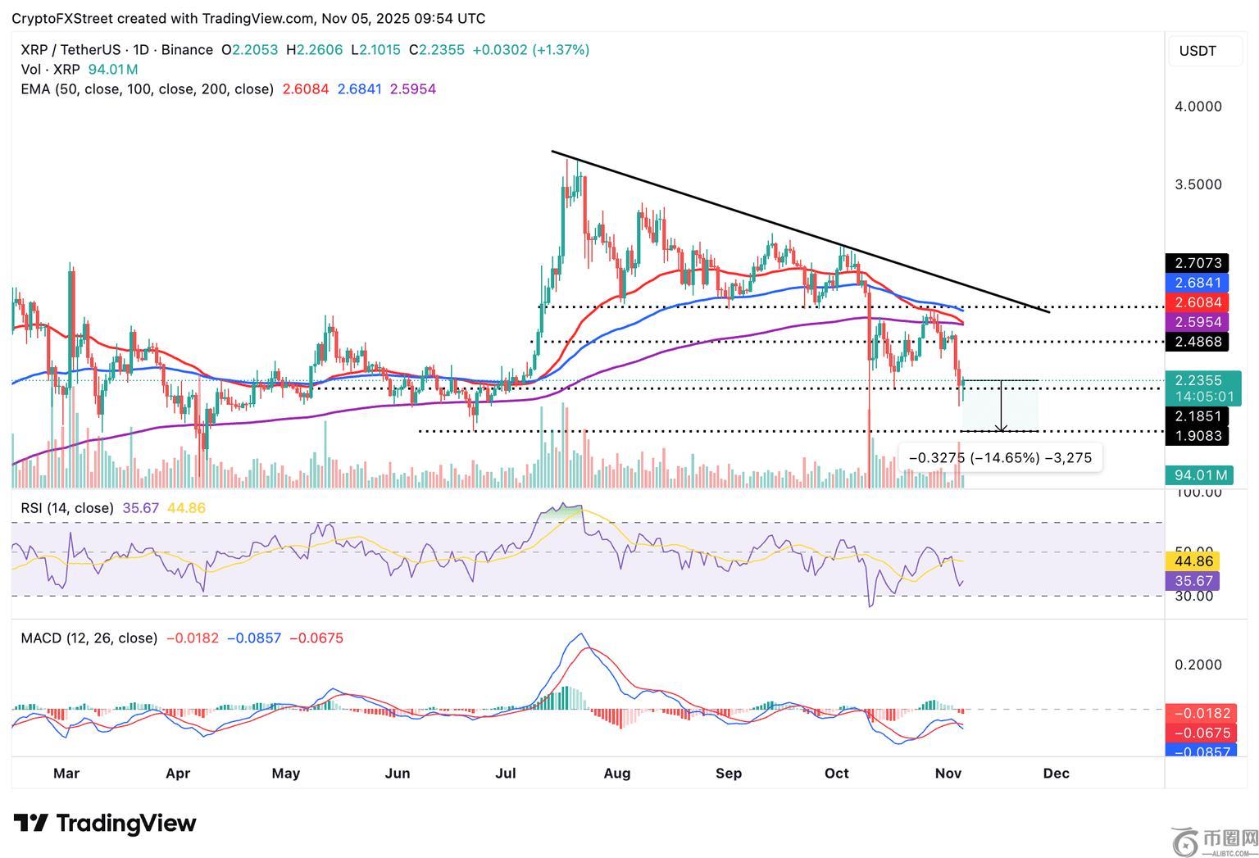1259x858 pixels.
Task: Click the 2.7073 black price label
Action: pyautogui.click(x=1198, y=263)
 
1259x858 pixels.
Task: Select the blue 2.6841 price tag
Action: pyautogui.click(x=1198, y=283)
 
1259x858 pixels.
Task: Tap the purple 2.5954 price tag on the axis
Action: pyautogui.click(x=1198, y=322)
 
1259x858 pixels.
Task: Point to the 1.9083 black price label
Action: pyautogui.click(x=1198, y=435)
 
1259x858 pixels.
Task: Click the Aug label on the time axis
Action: pyautogui.click(x=616, y=773)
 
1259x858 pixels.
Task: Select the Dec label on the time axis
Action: pyautogui.click(x=1056, y=773)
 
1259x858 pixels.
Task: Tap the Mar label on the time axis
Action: pyautogui.click(x=66, y=773)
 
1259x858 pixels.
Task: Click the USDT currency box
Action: pyautogui.click(x=1198, y=51)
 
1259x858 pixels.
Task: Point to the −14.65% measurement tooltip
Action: pyautogui.click(x=1001, y=457)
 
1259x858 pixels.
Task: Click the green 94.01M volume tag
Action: pyautogui.click(x=1198, y=475)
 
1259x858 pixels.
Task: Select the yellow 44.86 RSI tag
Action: pyautogui.click(x=1193, y=561)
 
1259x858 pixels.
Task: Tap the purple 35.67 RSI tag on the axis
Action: pyautogui.click(x=1193, y=581)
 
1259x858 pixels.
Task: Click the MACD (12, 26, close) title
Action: pyautogui.click(x=89, y=638)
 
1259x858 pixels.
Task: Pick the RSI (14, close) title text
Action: pyautogui.click(x=67, y=508)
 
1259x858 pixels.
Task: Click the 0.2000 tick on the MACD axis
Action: pyautogui.click(x=1198, y=665)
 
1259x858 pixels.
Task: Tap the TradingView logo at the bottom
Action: pyautogui.click(x=105, y=823)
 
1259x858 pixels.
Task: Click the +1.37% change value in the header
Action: pyautogui.click(x=561, y=50)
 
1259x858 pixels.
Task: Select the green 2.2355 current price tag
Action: pyautogui.click(x=1198, y=380)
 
